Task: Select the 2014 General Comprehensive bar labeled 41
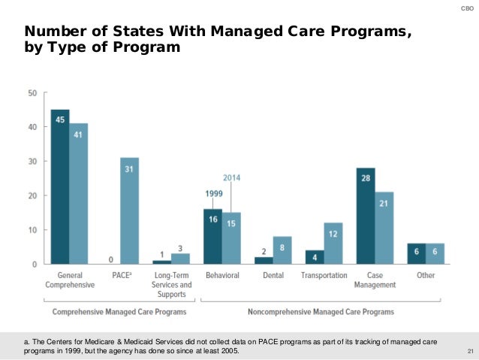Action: click(79, 193)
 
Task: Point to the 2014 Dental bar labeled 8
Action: click(282, 250)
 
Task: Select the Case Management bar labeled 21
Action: click(384, 228)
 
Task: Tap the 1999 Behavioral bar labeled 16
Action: click(212, 237)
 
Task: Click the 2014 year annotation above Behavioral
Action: click(232, 177)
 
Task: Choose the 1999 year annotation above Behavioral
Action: click(213, 193)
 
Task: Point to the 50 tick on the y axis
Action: click(32, 93)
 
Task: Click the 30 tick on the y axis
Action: click(32, 162)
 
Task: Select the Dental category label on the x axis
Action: click(273, 276)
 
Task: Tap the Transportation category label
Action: click(324, 276)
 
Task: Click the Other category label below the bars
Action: click(426, 276)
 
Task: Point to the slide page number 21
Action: click(470, 352)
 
